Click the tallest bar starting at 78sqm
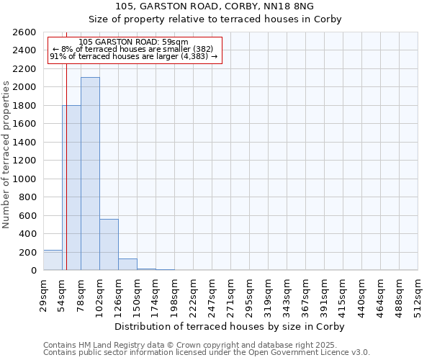(90, 174)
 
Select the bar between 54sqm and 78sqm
(72, 187)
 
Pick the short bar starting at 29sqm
(53, 260)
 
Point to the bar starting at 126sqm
(127, 264)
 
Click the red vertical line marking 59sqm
(66, 166)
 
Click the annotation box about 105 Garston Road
(133, 50)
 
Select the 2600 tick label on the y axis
(24, 32)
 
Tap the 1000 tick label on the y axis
(24, 179)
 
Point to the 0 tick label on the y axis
(33, 271)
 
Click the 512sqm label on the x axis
(418, 294)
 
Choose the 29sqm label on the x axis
(44, 294)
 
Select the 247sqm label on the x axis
(212, 294)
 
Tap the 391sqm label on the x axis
(325, 294)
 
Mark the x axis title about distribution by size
(230, 326)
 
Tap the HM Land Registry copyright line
(190, 345)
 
